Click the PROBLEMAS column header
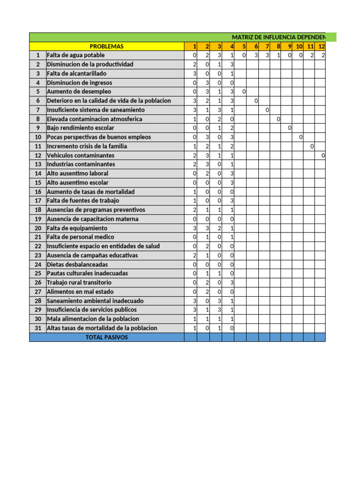pyautogui.click(x=107, y=46)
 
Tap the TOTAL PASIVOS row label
pyautogui.click(x=106, y=337)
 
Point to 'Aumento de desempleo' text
pyautogui.click(x=79, y=91)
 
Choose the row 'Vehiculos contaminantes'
pyautogui.click(x=80, y=155)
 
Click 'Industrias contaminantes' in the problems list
pyautogui.click(x=81, y=165)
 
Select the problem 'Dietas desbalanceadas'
pyautogui.click(x=77, y=264)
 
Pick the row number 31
pyautogui.click(x=38, y=328)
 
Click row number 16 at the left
pyautogui.click(x=38, y=192)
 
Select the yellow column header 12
pyautogui.click(x=321, y=46)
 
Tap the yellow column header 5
pyautogui.click(x=244, y=46)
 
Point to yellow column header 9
pyautogui.click(x=290, y=46)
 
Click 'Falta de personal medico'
pyautogui.click(x=80, y=237)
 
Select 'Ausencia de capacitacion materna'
pyautogui.click(x=92, y=219)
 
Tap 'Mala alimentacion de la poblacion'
pyautogui.click(x=93, y=319)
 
